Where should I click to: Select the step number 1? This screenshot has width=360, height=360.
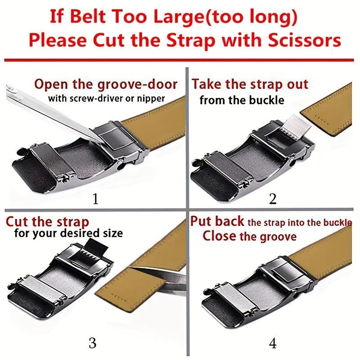(95, 199)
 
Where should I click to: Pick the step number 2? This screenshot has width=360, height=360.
(273, 199)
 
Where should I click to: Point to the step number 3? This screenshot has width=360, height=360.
(92, 343)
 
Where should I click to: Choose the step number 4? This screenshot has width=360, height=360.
(273, 344)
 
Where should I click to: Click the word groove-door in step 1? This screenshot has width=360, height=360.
(137, 85)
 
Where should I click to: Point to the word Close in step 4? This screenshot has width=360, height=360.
(219, 236)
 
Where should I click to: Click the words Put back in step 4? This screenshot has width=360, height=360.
(217, 221)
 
